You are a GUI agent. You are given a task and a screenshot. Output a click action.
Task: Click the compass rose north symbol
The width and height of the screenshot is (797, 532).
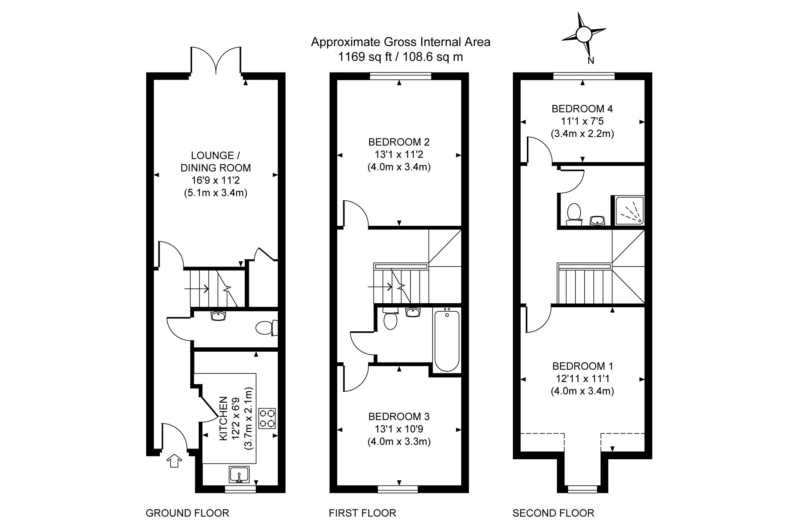pyautogui.click(x=584, y=35)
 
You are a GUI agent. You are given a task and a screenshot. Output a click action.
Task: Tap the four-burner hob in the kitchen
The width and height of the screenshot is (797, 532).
pyautogui.click(x=267, y=418)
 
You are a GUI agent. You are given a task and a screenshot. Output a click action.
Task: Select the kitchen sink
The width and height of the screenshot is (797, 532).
pyautogui.click(x=239, y=474)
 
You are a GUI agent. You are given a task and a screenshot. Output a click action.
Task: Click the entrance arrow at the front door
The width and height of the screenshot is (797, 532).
pyautogui.click(x=174, y=460)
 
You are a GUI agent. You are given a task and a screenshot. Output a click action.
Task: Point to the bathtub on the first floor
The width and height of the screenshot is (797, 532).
pyautogui.click(x=447, y=341)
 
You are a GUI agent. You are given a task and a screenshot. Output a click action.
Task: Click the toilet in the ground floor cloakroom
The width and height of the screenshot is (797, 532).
pyautogui.click(x=266, y=328)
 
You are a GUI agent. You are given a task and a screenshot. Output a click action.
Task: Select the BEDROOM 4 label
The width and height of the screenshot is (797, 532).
pyautogui.click(x=582, y=109)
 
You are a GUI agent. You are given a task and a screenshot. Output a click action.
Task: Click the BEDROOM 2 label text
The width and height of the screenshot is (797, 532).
pyautogui.click(x=399, y=142)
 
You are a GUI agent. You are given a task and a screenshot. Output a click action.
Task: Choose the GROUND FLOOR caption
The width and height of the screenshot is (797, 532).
pyautogui.click(x=187, y=513)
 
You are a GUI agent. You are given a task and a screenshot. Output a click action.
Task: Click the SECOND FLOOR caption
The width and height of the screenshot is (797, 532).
pyautogui.click(x=553, y=513)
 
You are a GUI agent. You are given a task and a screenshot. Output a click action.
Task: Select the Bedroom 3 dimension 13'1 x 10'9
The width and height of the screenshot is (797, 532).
pyautogui.click(x=399, y=429)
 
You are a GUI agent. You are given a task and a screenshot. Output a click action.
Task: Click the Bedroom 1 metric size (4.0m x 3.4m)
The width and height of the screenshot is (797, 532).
pyautogui.click(x=582, y=391)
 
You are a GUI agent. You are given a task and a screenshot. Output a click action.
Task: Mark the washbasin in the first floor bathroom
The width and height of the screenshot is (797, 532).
pyautogui.click(x=413, y=312)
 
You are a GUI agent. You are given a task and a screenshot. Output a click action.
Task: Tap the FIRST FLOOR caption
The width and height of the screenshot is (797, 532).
pyautogui.click(x=362, y=513)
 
